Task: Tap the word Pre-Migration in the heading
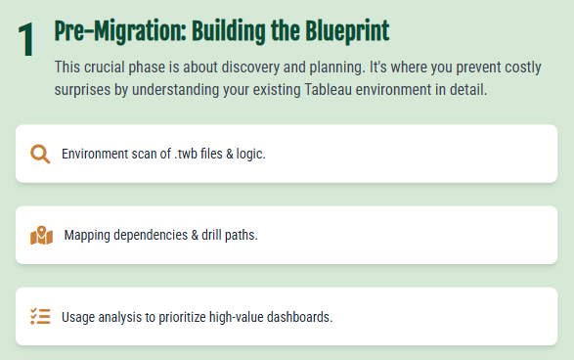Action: (x=106, y=31)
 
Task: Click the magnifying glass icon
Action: (x=40, y=154)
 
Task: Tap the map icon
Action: (x=41, y=235)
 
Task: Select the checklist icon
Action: (x=40, y=316)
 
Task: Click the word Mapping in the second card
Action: (x=88, y=236)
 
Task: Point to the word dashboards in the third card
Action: (x=300, y=317)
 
